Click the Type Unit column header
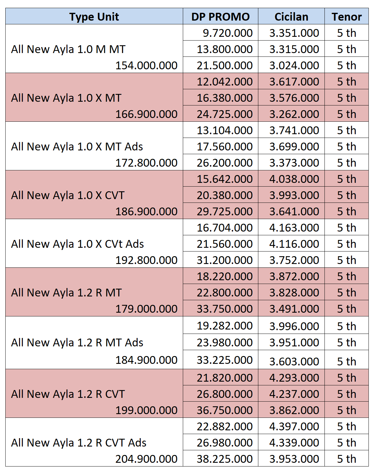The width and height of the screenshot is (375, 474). tap(94, 17)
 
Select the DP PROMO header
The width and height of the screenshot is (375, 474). tap(221, 17)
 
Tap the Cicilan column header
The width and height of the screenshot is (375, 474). tap(291, 17)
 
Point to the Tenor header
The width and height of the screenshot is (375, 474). tap(347, 17)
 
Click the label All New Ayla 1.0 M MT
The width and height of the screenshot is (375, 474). tap(68, 49)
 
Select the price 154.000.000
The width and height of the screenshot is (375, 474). tap(146, 66)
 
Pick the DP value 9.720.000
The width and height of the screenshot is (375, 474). tap(227, 33)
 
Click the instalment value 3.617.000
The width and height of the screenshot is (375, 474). tap(294, 82)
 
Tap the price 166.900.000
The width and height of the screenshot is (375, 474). tap(146, 114)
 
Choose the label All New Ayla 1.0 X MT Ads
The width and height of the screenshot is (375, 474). tap(77, 147)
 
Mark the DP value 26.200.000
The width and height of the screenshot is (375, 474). tap(225, 163)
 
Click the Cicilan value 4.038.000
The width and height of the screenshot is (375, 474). tap(294, 179)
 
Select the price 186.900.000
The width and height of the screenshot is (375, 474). tap(146, 212)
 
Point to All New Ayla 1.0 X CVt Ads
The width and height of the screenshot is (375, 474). tap(77, 244)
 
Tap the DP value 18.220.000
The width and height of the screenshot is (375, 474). tap(225, 276)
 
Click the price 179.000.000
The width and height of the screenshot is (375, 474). tap(146, 309)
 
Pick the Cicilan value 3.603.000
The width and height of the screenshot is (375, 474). tap(294, 362)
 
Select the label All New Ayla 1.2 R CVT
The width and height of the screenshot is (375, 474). tap(68, 394)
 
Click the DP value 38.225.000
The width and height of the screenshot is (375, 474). tap(225, 459)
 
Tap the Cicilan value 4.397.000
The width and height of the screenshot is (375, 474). tap(294, 427)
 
